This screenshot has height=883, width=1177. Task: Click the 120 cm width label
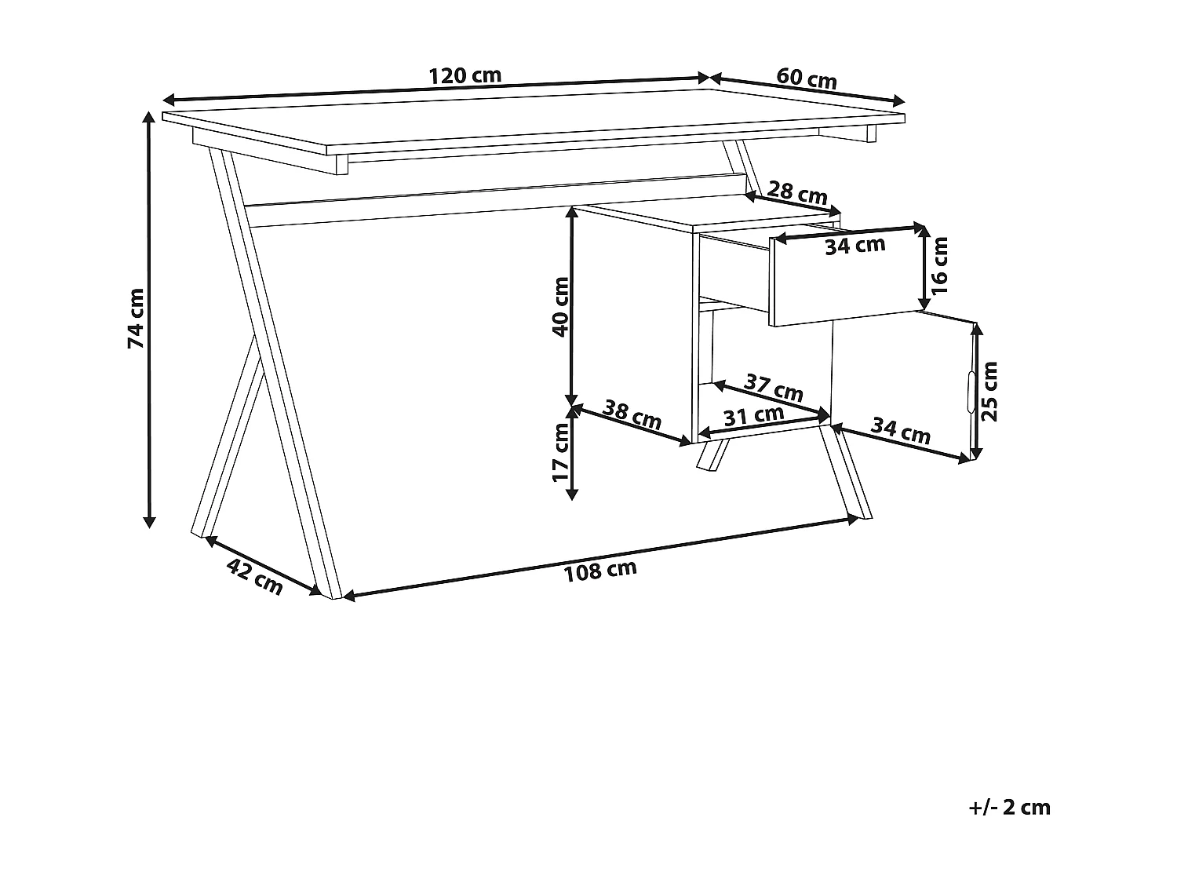pos(465,76)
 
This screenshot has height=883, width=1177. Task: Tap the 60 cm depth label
pos(807,78)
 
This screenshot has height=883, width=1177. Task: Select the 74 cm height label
pos(136,319)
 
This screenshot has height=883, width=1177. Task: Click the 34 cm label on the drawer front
pos(855,246)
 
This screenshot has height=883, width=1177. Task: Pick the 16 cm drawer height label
pos(940,265)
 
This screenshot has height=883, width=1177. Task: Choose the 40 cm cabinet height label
pos(560,307)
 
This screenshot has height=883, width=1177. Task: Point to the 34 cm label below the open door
pos(901,431)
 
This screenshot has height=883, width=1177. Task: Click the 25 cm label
pos(989,391)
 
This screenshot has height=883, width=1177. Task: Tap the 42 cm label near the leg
pos(254,577)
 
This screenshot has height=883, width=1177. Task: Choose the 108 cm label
pos(600,571)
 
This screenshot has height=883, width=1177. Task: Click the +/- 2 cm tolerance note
pos(1010,807)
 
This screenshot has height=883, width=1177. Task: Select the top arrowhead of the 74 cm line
pos(148,117)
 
